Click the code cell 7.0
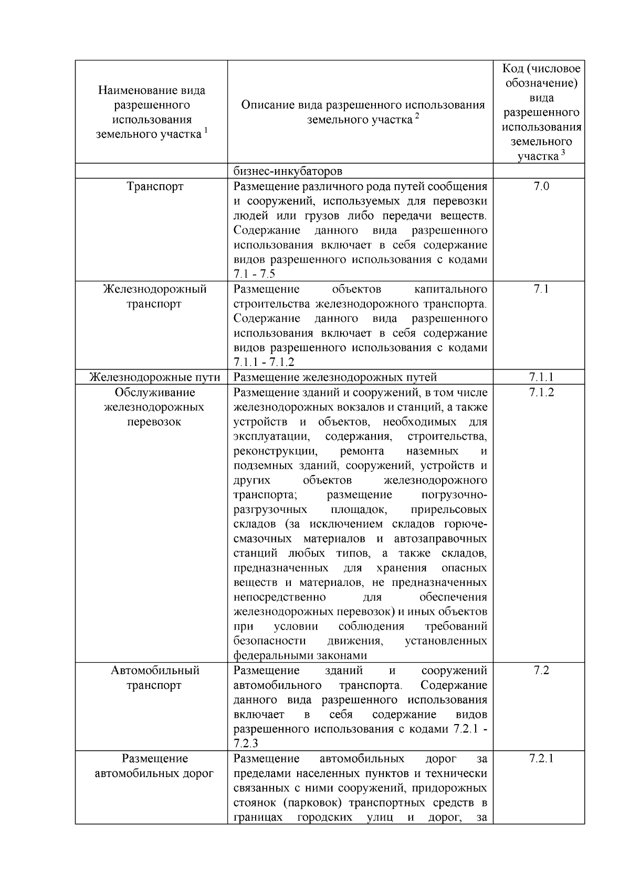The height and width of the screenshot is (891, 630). coord(541,186)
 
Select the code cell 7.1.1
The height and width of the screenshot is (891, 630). coord(541,377)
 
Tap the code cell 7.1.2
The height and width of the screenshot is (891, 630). coord(541,392)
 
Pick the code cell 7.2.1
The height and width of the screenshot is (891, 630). coord(541,759)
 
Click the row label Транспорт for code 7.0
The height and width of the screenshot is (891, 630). coord(155,186)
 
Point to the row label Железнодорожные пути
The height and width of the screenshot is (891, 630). coord(154,377)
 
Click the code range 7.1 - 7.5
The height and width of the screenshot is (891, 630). coord(254,274)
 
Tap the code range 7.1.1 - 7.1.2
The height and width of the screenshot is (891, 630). coord(264,362)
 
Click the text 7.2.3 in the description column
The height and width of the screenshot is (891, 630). coord(246,744)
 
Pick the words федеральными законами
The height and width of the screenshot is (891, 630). coord(300,656)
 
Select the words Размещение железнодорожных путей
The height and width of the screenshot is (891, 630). coord(334,377)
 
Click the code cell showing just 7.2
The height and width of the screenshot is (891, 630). coord(541,670)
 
